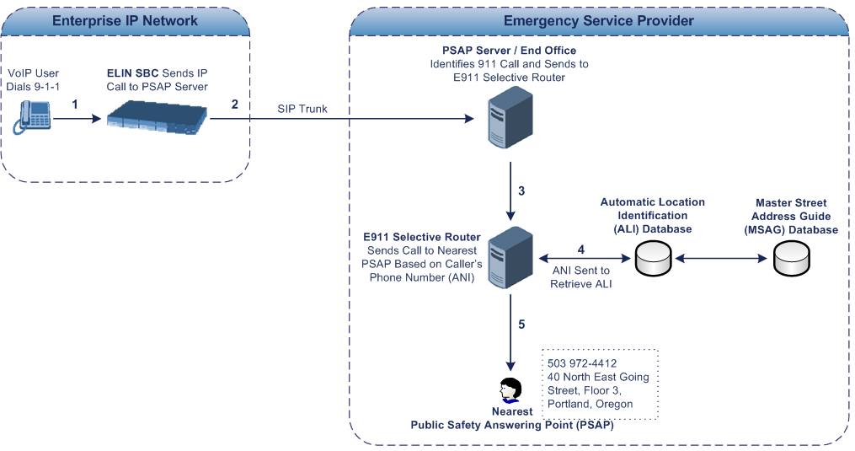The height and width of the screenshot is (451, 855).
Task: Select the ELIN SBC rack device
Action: pos(158,117)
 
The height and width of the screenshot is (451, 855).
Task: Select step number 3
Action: pos(522,191)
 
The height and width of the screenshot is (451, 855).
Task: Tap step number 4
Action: pos(580,250)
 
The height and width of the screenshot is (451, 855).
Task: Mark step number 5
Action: pos(521,324)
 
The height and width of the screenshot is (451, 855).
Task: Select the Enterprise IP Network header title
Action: pos(126,20)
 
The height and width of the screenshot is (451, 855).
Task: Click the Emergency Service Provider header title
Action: pos(599,20)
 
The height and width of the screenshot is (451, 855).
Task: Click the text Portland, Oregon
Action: pos(590,404)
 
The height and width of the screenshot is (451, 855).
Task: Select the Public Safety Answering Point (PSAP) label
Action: pos(512,425)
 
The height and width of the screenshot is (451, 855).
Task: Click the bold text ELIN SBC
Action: pos(134,73)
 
